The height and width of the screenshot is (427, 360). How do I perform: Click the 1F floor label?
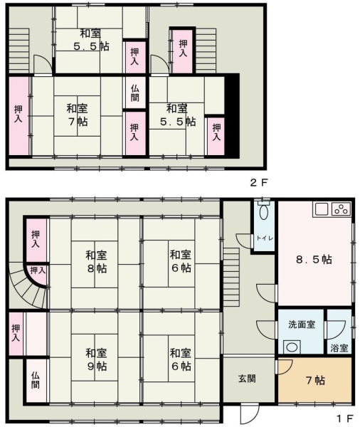tap(344, 418)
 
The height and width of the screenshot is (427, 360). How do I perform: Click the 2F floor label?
tap(259, 183)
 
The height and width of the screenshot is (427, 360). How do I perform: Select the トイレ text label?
tap(264, 238)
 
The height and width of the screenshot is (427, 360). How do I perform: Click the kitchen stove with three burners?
tap(342, 209)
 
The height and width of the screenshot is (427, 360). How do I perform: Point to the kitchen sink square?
tap(322, 209)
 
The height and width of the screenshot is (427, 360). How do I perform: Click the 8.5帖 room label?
tap(314, 260)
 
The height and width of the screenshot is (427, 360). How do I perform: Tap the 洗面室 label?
tap(302, 325)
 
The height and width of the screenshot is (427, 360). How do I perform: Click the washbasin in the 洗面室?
tap(292, 347)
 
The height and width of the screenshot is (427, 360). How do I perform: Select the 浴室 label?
tap(339, 348)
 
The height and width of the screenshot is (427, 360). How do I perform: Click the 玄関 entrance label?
tap(247, 379)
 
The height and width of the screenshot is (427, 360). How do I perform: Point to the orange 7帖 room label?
tap(315, 380)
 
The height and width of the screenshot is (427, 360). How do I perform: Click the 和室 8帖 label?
tap(96, 262)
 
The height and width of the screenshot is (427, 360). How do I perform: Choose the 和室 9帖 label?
tap(96, 359)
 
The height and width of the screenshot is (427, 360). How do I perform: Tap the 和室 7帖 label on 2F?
tap(78, 115)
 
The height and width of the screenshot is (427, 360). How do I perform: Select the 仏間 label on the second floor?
tap(134, 93)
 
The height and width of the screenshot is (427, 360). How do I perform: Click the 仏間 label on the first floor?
tap(36, 381)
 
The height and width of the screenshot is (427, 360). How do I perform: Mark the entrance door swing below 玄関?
tap(249, 413)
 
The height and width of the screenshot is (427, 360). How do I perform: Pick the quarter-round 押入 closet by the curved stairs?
tap(37, 274)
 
